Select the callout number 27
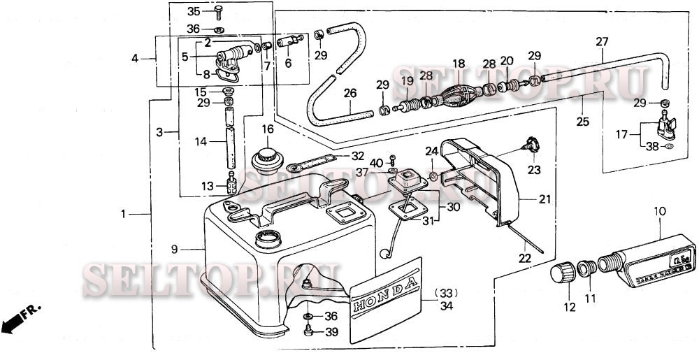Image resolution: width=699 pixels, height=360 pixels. coord(602,41)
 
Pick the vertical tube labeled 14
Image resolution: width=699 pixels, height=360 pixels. coord(229,142)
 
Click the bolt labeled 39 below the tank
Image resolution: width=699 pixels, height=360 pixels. coord(308,331)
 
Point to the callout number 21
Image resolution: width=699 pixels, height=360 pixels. coord(545,199)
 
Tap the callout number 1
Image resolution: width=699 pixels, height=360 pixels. coord(123,214)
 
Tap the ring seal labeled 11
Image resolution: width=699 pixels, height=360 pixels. coord(585,269)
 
